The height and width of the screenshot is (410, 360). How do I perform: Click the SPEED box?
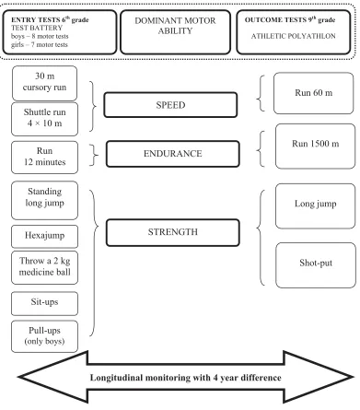[x=170, y=105]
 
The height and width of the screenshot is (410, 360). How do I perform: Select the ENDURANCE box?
[x=173, y=154]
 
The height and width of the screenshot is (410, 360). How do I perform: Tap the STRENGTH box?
[x=173, y=232]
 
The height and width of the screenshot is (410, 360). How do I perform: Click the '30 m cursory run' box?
[x=44, y=83]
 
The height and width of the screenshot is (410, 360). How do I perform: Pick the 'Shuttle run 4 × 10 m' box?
[x=44, y=119]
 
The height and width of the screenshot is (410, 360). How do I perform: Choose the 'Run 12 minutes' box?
[x=44, y=158]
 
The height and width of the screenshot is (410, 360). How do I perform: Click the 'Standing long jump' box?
[x=44, y=200]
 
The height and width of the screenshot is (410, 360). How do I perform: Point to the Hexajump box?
[x=44, y=236]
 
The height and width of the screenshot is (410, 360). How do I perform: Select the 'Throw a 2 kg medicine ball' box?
[x=44, y=267]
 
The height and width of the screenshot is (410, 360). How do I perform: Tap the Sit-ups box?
[x=44, y=303]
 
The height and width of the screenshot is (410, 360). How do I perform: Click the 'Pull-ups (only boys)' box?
[x=44, y=336]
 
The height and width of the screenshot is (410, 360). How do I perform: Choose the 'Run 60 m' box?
[x=313, y=93]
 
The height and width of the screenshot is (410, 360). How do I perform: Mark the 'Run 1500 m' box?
[x=315, y=146]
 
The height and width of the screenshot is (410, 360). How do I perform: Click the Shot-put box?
[x=316, y=265]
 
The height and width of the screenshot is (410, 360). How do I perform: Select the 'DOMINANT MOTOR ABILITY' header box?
[x=175, y=32]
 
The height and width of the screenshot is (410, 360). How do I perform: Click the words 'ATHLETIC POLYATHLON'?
[x=293, y=36]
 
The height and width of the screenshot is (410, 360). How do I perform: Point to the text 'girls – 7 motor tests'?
[x=40, y=44]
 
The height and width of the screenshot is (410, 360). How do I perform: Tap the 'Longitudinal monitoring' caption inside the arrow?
[x=185, y=378]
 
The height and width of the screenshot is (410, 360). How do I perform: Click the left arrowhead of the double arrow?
[x=53, y=377]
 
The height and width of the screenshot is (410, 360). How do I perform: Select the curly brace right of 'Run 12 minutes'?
[x=94, y=155]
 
